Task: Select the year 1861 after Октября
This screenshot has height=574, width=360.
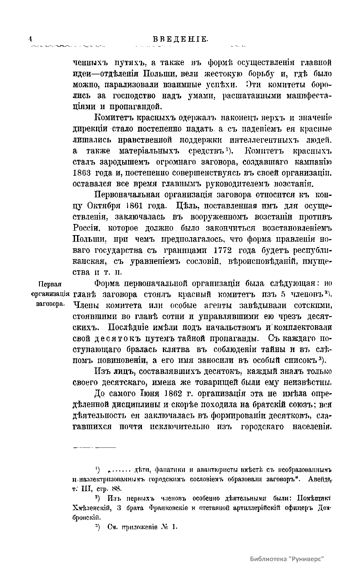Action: (x=146, y=206)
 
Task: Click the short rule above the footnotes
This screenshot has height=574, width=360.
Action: (x=94, y=448)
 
